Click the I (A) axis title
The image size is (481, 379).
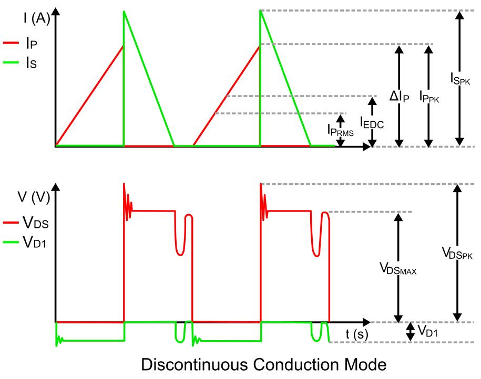pos(37,18)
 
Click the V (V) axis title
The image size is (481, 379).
pos(34,197)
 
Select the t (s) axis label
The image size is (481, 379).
pos(357,334)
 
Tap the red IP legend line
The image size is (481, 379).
pos(11,43)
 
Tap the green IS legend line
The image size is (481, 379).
pos(11,63)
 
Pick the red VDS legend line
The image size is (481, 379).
pos(11,222)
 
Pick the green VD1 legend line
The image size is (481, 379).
pos(11,243)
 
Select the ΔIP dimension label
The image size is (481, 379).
pos(400,96)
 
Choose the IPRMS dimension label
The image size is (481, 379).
pos(341,130)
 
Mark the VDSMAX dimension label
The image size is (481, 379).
pos(398,268)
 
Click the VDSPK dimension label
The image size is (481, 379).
pos(457,253)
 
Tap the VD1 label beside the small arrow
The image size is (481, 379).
pos(427,331)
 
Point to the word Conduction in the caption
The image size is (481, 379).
pos(296,365)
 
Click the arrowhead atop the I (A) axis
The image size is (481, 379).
pos(56,12)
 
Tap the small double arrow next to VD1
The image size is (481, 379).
pos(410,332)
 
